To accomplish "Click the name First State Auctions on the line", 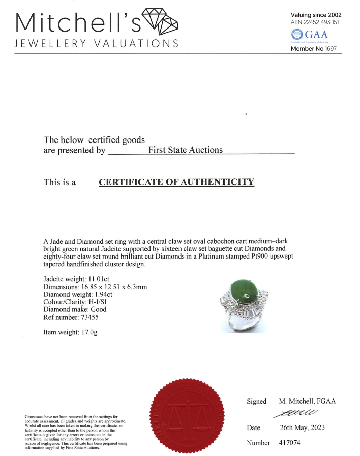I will pos(185,150).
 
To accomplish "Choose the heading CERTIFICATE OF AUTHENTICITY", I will pos(176,182).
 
